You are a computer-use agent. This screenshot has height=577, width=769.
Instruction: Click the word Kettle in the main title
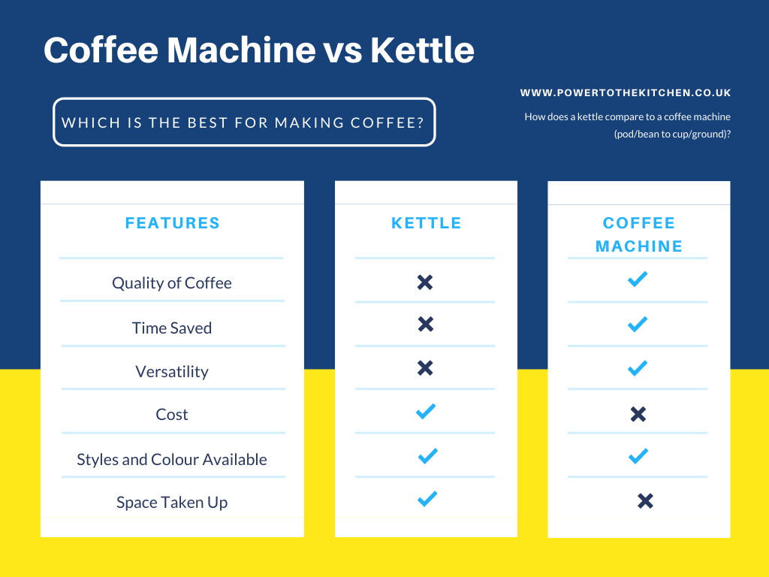[422, 50]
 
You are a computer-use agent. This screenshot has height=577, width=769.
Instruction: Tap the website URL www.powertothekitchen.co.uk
[626, 92]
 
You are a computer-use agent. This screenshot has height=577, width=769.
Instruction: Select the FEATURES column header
[172, 223]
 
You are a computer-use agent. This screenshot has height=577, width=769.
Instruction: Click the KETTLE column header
[427, 223]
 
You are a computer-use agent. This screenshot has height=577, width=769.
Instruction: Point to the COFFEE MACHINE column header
[638, 234]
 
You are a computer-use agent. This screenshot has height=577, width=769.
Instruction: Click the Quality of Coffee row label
[172, 283]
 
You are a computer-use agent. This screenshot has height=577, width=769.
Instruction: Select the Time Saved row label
[172, 328]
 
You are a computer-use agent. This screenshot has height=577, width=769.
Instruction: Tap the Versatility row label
[172, 371]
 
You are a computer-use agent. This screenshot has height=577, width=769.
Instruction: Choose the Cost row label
[172, 415]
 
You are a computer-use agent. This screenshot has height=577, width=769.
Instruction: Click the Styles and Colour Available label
[172, 459]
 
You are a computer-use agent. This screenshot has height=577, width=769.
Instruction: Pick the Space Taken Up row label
[172, 503]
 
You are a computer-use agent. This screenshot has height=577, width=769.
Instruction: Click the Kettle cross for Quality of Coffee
[425, 282]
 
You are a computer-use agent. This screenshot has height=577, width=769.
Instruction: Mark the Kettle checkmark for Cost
[426, 411]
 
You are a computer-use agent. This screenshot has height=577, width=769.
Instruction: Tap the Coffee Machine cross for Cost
[638, 414]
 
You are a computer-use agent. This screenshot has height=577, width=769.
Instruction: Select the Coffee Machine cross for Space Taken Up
[645, 501]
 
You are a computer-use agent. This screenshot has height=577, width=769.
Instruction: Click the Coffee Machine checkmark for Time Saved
[638, 324]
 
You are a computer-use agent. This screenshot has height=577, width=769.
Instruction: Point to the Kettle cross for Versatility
[425, 368]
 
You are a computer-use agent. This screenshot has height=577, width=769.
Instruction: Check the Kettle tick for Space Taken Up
[427, 499]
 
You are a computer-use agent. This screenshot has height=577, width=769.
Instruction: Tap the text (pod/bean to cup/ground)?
[672, 134]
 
